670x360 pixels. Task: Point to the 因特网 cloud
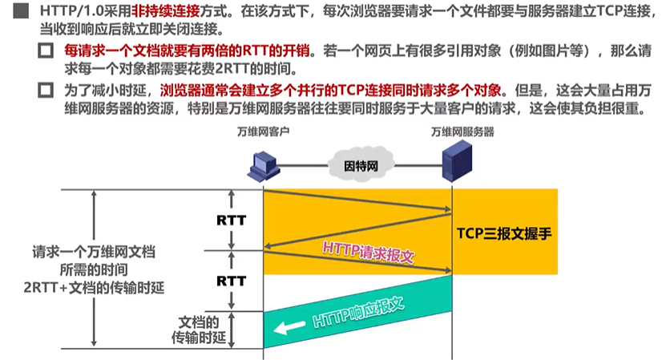click(x=359, y=167)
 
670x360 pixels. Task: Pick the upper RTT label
click(x=232, y=219)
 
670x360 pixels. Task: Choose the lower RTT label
click(x=232, y=281)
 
